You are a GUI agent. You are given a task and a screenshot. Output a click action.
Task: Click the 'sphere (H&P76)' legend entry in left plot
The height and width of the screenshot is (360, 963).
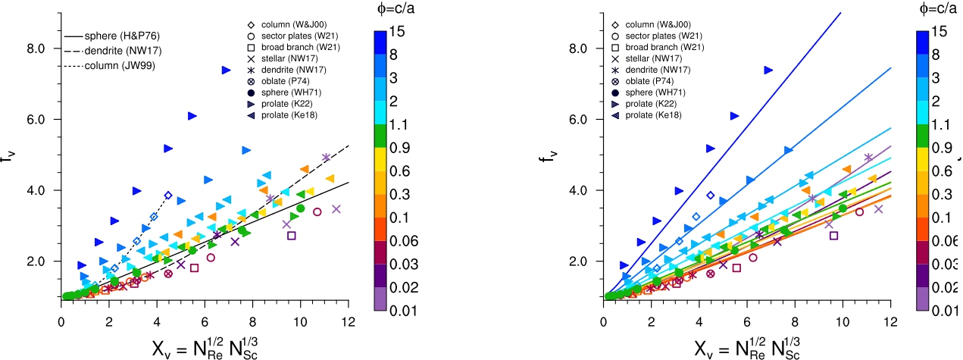point(112,36)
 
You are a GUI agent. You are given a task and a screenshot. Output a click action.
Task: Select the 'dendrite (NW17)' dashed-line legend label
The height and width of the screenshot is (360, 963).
point(113,51)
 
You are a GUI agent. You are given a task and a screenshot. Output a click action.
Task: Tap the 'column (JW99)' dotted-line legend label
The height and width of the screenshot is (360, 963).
point(110,65)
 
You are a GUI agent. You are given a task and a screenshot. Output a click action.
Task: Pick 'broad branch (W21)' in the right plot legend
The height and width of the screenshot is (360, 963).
point(658,47)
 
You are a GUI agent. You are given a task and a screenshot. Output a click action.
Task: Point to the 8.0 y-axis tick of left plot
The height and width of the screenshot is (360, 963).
point(36,49)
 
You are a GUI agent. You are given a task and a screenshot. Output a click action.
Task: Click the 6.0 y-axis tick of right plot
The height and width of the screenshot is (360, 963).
point(578,119)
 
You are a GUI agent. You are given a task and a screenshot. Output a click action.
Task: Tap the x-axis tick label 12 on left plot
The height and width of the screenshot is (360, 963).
point(349,321)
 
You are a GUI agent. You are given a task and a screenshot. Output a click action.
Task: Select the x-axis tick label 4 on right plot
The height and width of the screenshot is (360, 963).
point(699,321)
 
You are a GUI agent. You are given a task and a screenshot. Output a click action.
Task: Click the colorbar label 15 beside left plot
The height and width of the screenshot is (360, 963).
point(397,31)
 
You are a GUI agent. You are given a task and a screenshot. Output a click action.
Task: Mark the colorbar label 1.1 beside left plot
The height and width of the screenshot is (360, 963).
point(399,125)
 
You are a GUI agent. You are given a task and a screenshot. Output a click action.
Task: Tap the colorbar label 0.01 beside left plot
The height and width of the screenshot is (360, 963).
point(403,311)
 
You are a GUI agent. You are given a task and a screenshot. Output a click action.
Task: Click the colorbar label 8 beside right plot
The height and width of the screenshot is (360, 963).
point(936,55)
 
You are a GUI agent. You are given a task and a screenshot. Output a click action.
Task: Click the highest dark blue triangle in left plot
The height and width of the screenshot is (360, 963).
point(226,70)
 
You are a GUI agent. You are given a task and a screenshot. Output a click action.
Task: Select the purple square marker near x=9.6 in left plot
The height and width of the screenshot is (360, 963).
point(292,236)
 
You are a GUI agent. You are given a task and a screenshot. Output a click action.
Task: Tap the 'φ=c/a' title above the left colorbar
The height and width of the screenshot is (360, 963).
point(396,8)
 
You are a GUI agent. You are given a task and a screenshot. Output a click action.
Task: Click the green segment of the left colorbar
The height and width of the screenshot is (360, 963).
point(380,136)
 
